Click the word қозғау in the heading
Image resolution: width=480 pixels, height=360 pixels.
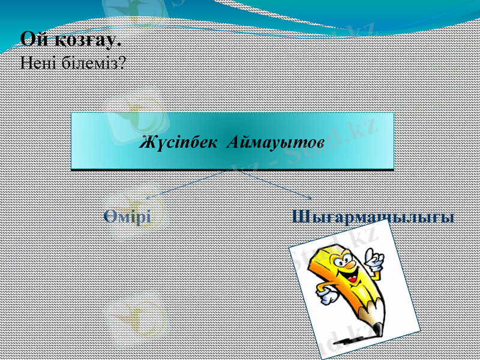tap(85, 41)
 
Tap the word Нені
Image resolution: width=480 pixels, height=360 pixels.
tap(38, 62)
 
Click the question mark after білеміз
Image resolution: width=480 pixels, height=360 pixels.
tap(122, 62)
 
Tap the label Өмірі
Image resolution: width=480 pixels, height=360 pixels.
tap(126, 216)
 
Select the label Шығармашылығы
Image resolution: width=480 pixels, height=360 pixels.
tap(373, 217)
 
